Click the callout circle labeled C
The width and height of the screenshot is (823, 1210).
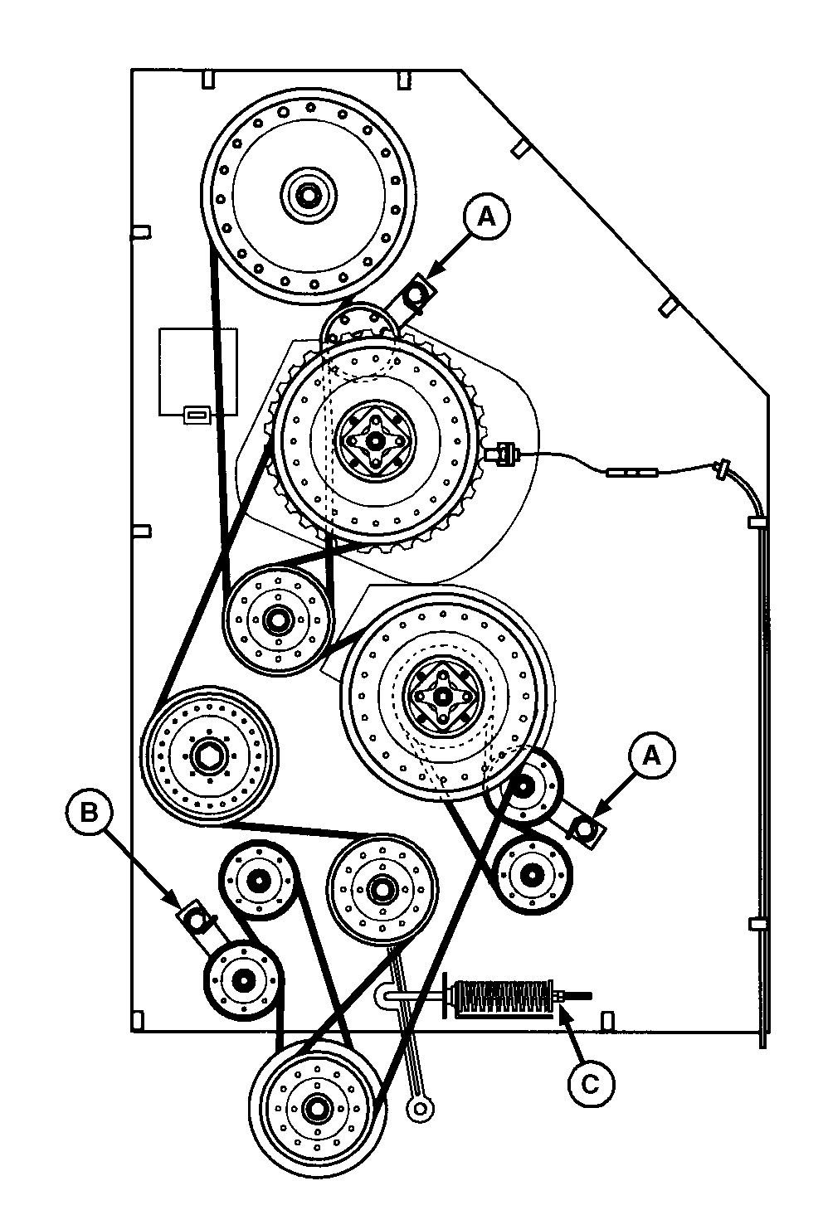(x=591, y=1082)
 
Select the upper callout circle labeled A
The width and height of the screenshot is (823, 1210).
(x=486, y=216)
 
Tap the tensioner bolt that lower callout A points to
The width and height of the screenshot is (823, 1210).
(x=587, y=829)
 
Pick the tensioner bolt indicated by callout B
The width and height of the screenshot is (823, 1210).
(x=195, y=918)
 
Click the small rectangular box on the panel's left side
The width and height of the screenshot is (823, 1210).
(x=197, y=371)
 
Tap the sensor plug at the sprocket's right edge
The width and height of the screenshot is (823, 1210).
(x=503, y=454)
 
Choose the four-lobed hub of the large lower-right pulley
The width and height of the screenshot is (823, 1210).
(x=441, y=697)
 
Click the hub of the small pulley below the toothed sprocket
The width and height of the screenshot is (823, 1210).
(x=276, y=618)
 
